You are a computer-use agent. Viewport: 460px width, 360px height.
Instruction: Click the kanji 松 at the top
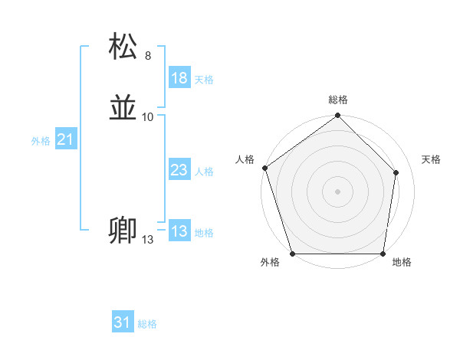click(x=124, y=47)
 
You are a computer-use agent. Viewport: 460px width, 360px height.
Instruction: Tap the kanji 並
click(x=124, y=108)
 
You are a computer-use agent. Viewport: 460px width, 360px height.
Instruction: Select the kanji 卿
click(x=123, y=231)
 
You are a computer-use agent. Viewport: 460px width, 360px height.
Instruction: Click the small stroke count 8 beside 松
click(x=148, y=56)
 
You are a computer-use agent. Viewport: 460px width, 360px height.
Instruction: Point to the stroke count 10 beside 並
click(x=148, y=117)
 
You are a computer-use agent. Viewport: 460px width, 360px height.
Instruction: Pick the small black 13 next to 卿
click(x=147, y=240)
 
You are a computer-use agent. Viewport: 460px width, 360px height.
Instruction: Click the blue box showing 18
click(x=179, y=78)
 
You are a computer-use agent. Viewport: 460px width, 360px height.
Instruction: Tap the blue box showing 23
click(x=179, y=170)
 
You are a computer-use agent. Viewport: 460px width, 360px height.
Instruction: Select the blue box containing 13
click(x=179, y=231)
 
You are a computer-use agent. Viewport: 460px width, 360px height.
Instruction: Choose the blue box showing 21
click(x=65, y=139)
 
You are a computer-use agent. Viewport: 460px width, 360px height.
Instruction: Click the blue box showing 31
click(x=123, y=322)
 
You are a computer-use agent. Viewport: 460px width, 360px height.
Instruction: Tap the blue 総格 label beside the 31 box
click(x=147, y=324)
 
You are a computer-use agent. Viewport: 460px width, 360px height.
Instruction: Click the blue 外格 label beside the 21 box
click(x=41, y=141)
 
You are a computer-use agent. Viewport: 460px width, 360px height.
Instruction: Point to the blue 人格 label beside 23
click(x=204, y=172)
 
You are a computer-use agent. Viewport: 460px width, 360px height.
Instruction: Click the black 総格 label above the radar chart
click(x=338, y=100)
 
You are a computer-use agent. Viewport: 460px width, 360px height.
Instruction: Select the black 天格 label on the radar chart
click(x=432, y=159)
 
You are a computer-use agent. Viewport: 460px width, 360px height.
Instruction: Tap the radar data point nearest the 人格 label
click(x=264, y=168)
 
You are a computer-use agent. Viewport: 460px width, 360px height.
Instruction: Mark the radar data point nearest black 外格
click(x=293, y=254)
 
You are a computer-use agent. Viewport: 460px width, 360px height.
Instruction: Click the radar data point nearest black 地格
click(x=383, y=254)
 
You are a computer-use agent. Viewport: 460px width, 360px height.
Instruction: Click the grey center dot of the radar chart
click(x=337, y=191)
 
